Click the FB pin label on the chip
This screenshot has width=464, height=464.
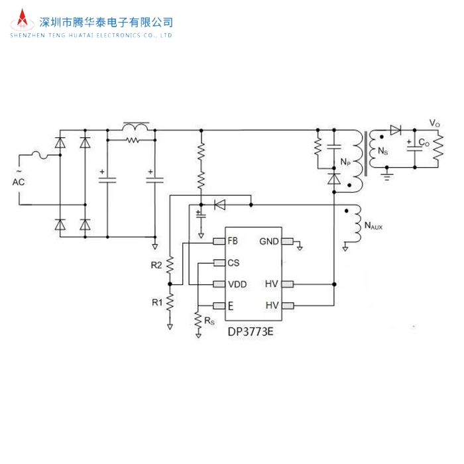(x=232, y=241)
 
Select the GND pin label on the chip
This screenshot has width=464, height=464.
(x=269, y=241)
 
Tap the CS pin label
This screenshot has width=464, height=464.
(x=233, y=262)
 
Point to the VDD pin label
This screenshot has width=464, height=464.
(x=237, y=284)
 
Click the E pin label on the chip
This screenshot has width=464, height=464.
(x=230, y=306)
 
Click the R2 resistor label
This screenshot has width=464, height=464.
(x=156, y=265)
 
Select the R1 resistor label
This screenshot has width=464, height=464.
(x=156, y=302)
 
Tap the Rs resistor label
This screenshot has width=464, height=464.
(x=209, y=321)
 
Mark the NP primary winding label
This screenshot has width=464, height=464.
(x=345, y=162)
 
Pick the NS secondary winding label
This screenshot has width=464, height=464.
(x=382, y=152)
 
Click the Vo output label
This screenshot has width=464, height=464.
(x=434, y=123)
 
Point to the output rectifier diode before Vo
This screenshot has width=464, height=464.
(x=396, y=130)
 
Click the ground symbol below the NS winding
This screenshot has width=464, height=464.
(x=389, y=176)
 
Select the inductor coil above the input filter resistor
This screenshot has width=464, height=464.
(x=136, y=126)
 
